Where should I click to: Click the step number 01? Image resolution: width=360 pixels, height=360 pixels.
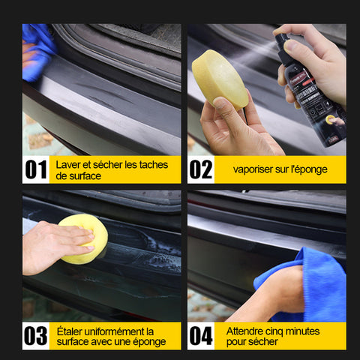(36, 169)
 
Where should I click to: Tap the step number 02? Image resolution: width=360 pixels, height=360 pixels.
(201, 169)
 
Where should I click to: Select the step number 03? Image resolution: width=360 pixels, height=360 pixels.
(36, 336)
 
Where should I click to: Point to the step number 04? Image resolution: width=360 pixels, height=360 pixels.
(201, 336)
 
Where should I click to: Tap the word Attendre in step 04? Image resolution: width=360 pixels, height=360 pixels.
(244, 331)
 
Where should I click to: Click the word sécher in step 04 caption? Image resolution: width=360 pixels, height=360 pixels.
(262, 342)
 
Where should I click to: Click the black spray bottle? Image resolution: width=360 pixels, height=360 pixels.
(311, 95)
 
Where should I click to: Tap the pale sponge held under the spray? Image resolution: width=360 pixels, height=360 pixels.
(220, 79)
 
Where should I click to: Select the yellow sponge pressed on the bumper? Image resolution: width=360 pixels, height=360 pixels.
(85, 238)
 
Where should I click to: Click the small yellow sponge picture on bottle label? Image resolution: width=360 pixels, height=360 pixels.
(330, 120)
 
